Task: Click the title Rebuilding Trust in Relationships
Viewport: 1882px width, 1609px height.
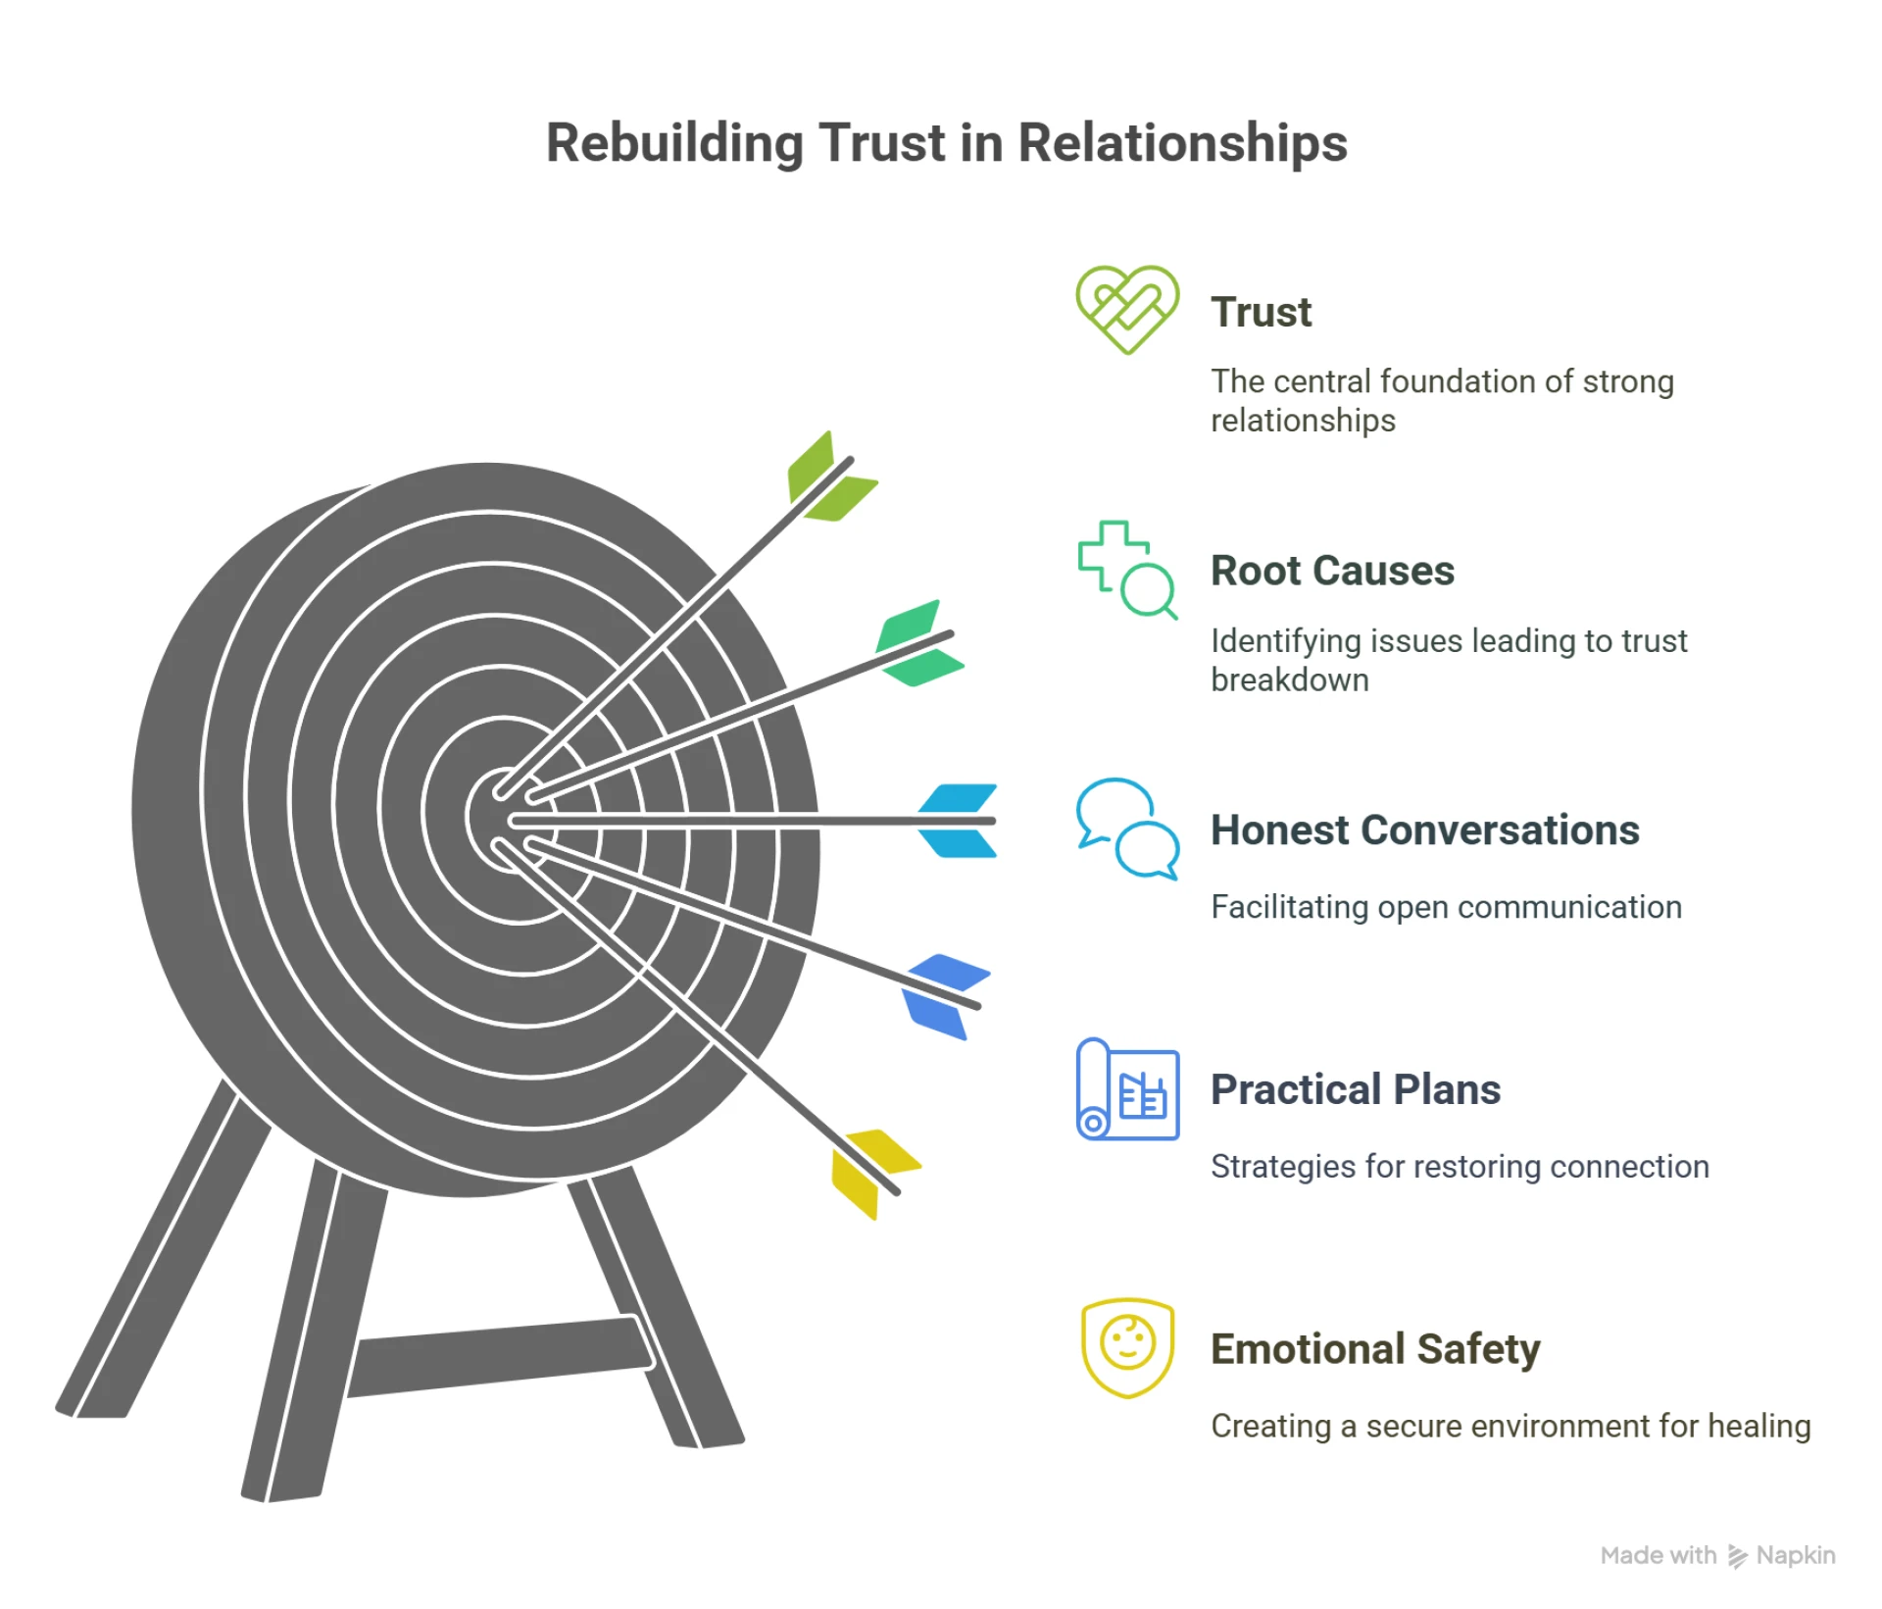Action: click(946, 143)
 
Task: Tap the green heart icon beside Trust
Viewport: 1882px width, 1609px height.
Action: click(1126, 308)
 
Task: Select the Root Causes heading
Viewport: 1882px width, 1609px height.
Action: click(1331, 571)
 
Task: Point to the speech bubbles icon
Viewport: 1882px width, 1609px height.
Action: click(1126, 829)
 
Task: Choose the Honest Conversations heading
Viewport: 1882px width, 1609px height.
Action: click(1424, 830)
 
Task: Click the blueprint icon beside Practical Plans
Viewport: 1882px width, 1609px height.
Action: click(1127, 1088)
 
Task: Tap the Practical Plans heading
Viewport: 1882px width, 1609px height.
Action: click(1355, 1089)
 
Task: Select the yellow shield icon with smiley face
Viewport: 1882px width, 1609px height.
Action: click(1127, 1347)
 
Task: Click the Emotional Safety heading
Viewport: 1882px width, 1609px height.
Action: click(1374, 1348)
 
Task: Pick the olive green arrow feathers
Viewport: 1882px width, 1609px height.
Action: click(828, 478)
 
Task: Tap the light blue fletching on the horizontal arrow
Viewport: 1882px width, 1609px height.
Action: click(957, 821)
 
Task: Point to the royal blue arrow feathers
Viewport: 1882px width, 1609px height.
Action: click(943, 994)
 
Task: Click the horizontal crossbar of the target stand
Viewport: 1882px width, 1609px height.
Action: click(500, 1357)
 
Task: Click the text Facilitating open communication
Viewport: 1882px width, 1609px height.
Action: click(1446, 907)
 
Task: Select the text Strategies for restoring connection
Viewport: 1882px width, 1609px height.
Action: click(1460, 1167)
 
